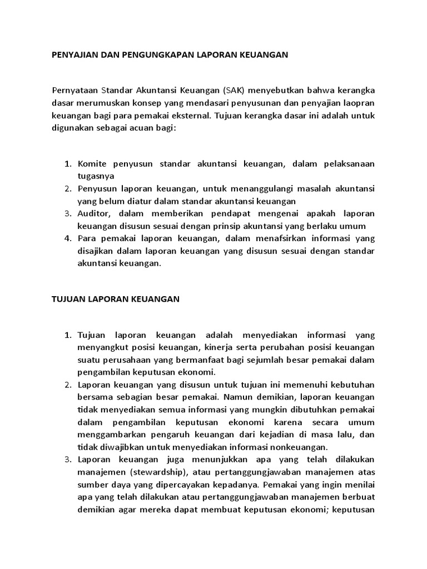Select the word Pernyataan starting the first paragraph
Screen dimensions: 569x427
[x=75, y=90]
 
